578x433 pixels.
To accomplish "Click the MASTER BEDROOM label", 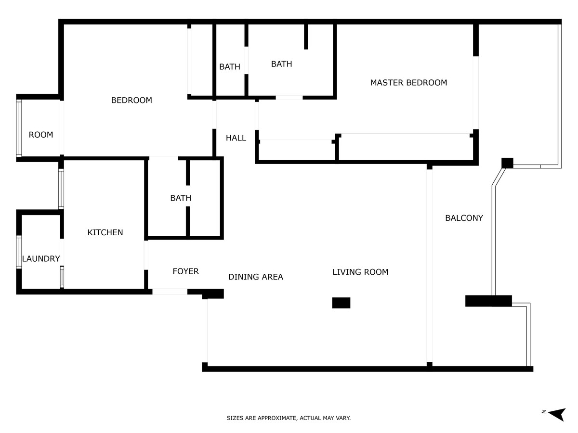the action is click(408, 83).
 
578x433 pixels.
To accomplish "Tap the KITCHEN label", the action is click(105, 232).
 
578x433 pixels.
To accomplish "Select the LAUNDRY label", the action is click(41, 259).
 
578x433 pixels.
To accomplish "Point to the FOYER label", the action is click(185, 271).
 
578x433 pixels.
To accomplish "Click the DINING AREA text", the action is click(256, 277).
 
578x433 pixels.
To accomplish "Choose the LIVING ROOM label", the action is click(360, 272).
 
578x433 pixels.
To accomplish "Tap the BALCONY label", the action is click(464, 218).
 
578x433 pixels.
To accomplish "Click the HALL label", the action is click(236, 138).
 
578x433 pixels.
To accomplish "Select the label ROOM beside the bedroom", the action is click(41, 135).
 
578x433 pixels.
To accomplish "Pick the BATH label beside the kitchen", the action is click(181, 198).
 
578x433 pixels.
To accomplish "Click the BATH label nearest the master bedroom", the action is click(281, 64).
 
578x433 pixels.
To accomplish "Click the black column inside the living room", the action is click(341, 303).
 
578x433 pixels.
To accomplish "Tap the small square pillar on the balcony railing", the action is click(507, 163).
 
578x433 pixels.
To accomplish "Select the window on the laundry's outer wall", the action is click(19, 252).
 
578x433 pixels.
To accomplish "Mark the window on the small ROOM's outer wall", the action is click(19, 128).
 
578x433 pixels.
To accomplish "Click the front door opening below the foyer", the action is click(170, 292).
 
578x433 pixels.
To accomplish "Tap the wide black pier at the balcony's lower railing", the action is click(488, 301).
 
